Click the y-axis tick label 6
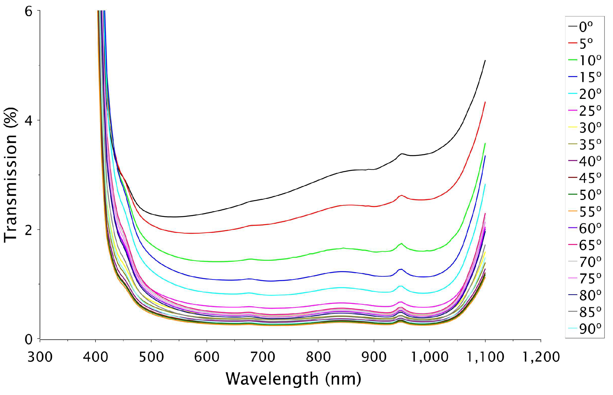pyautogui.click(x=28, y=12)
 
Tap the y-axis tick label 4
pyautogui.click(x=28, y=121)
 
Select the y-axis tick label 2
pyautogui.click(x=28, y=230)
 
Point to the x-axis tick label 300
pyautogui.click(x=40, y=357)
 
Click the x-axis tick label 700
pyautogui.click(x=262, y=357)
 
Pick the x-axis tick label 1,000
pyautogui.click(x=429, y=357)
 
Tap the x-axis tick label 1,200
pyautogui.click(x=541, y=357)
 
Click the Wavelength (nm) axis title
pyautogui.click(x=293, y=379)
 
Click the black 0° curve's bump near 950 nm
pyautogui.click(x=402, y=154)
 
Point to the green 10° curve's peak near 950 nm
pyautogui.click(x=401, y=243)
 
